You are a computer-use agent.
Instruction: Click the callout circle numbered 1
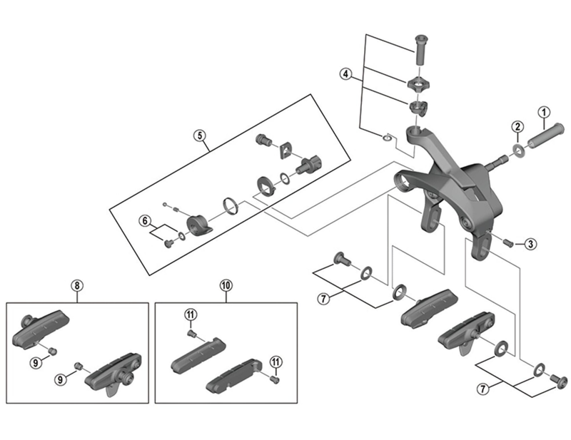click(x=543, y=112)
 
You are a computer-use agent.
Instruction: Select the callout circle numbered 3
click(x=530, y=244)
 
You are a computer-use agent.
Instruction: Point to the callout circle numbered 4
click(x=345, y=74)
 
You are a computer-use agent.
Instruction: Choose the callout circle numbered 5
click(x=199, y=135)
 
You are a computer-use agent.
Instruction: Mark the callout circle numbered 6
click(x=144, y=221)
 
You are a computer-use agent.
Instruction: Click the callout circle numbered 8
click(x=76, y=286)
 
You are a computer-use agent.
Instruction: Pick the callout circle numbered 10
click(x=226, y=286)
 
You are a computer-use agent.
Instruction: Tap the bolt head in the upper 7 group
click(x=340, y=260)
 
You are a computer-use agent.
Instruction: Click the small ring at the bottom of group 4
click(x=386, y=136)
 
